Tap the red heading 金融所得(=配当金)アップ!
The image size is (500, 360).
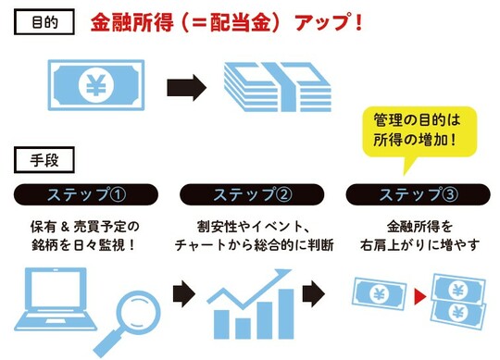click(x=226, y=22)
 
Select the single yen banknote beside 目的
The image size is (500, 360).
click(x=94, y=87)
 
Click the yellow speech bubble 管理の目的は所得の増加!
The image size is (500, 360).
click(x=417, y=135)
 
